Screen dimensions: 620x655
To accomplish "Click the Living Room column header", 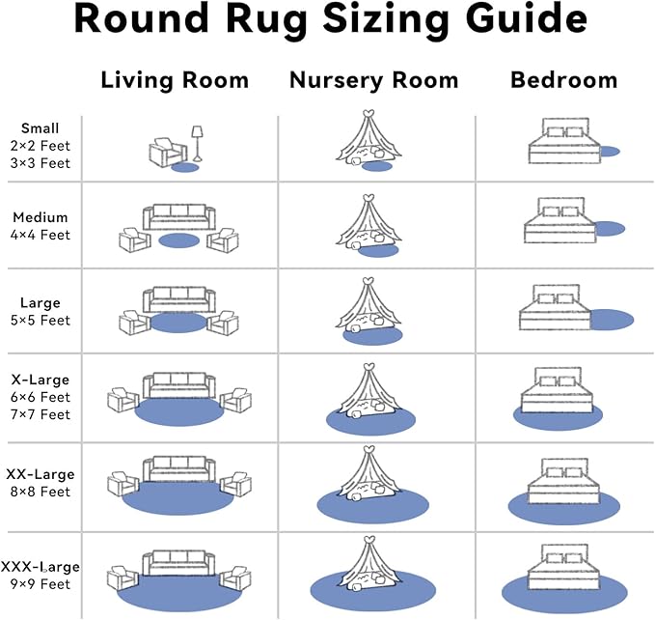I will tap(175, 80).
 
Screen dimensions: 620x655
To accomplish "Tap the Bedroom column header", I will tap(563, 80).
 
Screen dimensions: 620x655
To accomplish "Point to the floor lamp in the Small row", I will tap(197, 143).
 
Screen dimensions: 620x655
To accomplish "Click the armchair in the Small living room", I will tap(167, 153).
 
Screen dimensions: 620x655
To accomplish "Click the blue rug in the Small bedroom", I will tap(608, 152).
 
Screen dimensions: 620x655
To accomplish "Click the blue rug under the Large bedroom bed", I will tap(610, 320).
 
